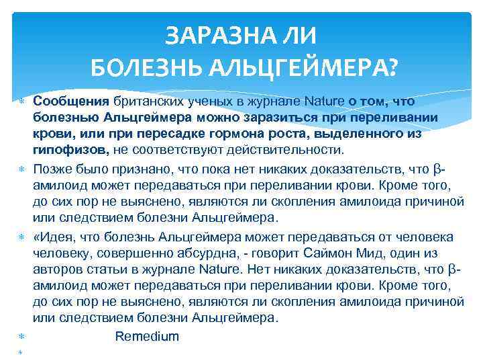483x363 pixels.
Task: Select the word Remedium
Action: tap(147, 336)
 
